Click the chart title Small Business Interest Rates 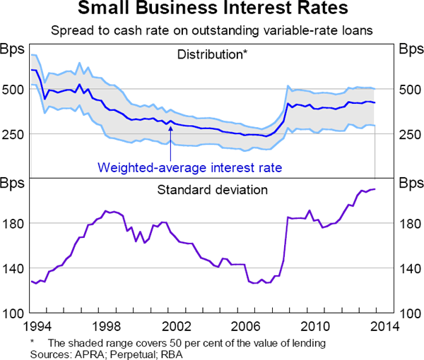[x=211, y=11]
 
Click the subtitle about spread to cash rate [x=211, y=30]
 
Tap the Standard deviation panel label [x=212, y=189]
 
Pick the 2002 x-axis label [x=175, y=326]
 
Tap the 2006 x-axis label [x=245, y=326]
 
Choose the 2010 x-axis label [x=315, y=326]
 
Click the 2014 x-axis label [x=384, y=326]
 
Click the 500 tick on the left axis [x=14, y=90]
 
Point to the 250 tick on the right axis [x=411, y=135]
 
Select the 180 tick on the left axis [x=14, y=224]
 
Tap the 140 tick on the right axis [x=411, y=268]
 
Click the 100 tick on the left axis [x=14, y=313]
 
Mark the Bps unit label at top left [x=13, y=49]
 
